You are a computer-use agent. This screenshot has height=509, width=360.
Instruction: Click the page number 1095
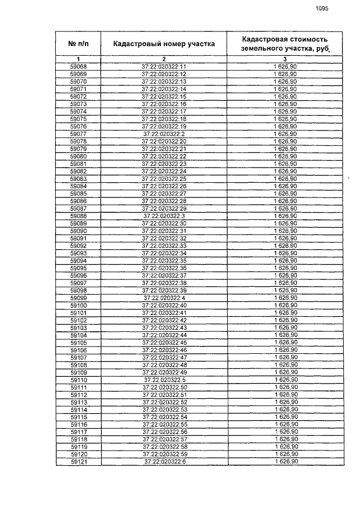click(321, 8)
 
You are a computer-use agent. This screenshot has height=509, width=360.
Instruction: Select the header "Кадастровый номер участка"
click(164, 43)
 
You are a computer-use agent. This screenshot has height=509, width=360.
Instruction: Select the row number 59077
click(78, 134)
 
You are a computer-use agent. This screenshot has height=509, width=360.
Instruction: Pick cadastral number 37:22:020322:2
click(164, 134)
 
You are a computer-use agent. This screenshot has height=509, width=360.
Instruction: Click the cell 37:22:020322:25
click(164, 178)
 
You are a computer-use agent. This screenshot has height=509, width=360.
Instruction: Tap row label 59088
click(78, 215)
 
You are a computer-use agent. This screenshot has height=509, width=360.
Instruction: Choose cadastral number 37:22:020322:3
click(164, 215)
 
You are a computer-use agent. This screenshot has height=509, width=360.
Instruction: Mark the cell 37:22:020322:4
click(164, 298)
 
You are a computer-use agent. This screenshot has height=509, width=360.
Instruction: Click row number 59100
click(78, 305)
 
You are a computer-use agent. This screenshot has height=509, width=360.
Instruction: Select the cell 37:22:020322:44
click(164, 335)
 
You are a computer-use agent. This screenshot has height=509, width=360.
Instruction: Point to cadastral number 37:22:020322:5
click(164, 380)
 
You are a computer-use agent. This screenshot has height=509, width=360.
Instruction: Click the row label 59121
click(78, 461)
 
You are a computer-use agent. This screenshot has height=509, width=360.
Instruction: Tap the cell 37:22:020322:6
click(164, 461)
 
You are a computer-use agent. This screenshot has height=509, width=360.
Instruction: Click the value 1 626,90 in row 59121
click(285, 461)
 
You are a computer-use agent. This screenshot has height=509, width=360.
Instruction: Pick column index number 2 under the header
click(164, 59)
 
